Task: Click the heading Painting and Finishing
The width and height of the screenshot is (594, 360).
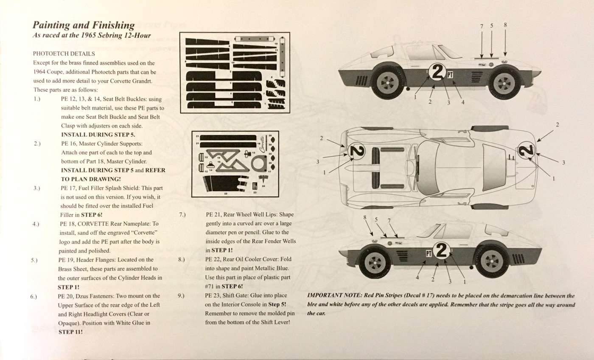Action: point(84,25)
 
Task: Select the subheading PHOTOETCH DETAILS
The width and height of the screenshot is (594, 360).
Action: point(64,54)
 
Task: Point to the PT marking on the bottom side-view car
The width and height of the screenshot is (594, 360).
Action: point(429,253)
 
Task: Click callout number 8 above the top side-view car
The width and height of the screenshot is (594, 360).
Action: point(505,25)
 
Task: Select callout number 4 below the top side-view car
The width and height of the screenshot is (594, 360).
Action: point(463,102)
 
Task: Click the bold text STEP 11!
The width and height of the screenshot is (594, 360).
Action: point(70,332)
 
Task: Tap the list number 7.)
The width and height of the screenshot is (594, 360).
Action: point(182,214)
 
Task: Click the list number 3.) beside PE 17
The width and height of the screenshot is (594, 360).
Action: point(37,188)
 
